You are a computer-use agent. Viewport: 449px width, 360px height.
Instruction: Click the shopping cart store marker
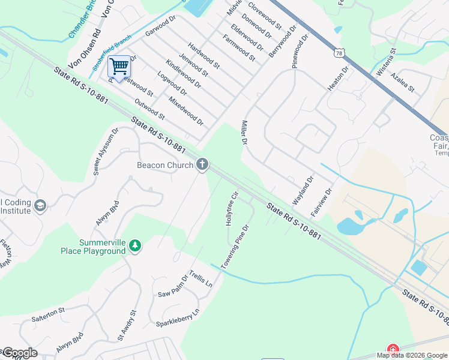(x=119, y=67)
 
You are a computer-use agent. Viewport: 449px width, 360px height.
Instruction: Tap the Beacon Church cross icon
(x=203, y=164)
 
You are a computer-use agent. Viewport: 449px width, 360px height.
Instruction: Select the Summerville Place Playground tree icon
(x=136, y=245)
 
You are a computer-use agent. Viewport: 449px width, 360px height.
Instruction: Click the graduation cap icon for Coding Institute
(x=41, y=206)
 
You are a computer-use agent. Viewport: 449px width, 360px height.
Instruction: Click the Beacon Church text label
(x=165, y=165)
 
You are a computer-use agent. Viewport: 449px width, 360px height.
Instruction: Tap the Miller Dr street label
(x=244, y=133)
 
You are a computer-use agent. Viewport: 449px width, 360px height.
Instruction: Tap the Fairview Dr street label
(x=321, y=203)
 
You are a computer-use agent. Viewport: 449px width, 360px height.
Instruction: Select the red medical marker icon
(x=393, y=349)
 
